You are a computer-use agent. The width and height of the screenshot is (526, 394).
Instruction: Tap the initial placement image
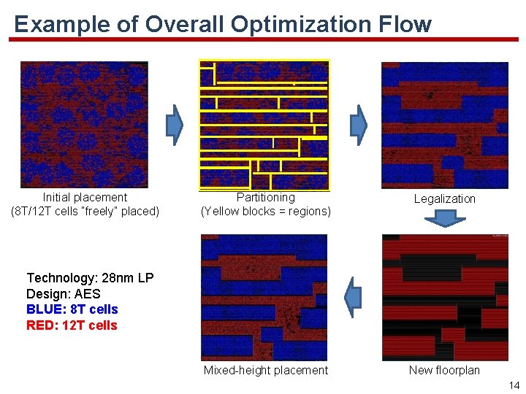[84, 125]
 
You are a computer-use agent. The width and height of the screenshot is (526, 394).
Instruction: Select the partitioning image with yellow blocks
[264, 125]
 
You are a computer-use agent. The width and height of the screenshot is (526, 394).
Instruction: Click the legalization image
[444, 125]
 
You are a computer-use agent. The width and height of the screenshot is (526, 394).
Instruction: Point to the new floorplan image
[444, 298]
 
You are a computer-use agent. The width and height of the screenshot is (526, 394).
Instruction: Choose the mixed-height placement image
[264, 298]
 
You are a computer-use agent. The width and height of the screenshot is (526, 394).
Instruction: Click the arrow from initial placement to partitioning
[175, 123]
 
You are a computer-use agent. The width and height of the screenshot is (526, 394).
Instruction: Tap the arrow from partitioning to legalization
[358, 123]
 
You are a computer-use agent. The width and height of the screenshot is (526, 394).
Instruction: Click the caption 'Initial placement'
[85, 197]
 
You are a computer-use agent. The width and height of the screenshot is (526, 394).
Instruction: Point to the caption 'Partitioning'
[266, 197]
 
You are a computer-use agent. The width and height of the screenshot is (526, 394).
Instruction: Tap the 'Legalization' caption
[444, 198]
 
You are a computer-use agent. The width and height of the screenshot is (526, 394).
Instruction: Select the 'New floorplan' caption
[444, 370]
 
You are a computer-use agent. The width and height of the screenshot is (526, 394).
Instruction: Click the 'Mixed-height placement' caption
[266, 370]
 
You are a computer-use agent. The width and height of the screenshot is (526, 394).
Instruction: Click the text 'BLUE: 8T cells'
[72, 309]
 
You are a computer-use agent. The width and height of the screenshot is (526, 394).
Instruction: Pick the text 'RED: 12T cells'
[72, 325]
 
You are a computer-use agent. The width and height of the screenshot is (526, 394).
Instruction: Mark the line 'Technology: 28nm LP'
[90, 278]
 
